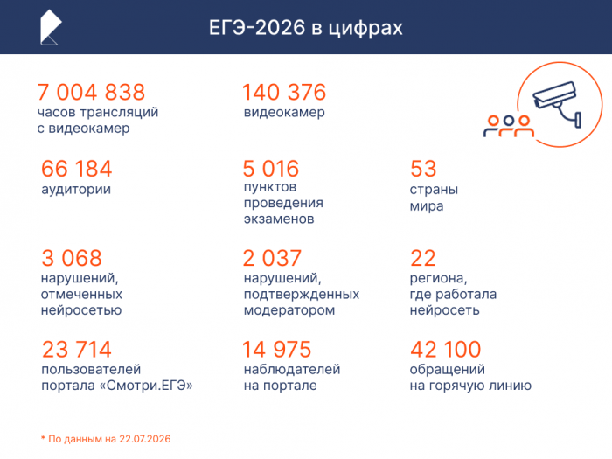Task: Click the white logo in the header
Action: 51,27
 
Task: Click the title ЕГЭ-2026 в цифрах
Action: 306,28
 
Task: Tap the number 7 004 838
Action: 91,92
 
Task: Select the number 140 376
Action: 284,92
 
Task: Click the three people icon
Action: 509,126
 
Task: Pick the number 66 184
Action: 77,169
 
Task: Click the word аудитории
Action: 76,190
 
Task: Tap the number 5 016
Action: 271,169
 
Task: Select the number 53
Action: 423,169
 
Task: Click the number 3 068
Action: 72,258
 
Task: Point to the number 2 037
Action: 272,258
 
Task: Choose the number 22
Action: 422,258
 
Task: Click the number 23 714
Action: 77,349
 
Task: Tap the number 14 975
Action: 277,349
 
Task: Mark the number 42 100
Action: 445,349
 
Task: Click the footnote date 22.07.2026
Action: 145,439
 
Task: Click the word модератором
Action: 289,310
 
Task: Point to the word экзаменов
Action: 279,219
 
